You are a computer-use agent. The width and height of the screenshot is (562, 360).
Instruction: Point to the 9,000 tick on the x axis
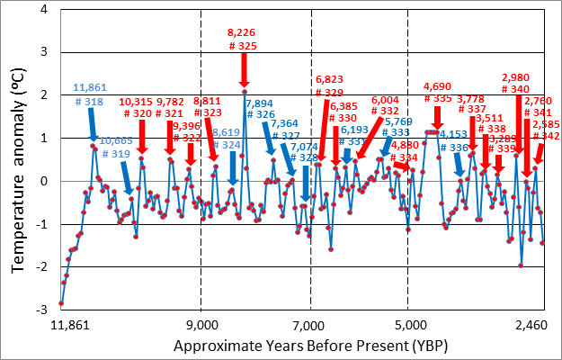pyautogui.click(x=202, y=325)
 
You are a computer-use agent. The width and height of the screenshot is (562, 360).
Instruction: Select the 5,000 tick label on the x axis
pyautogui.click(x=409, y=325)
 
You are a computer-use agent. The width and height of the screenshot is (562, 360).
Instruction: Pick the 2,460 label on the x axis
pyautogui.click(x=536, y=325)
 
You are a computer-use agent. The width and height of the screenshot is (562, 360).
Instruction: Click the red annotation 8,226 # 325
pyautogui.click(x=244, y=38)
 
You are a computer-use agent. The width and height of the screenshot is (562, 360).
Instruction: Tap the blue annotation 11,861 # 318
pyautogui.click(x=91, y=93)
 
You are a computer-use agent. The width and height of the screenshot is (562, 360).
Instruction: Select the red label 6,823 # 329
pyautogui.click(x=329, y=86)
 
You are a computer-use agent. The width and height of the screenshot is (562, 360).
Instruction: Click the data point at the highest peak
pyautogui.click(x=244, y=92)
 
